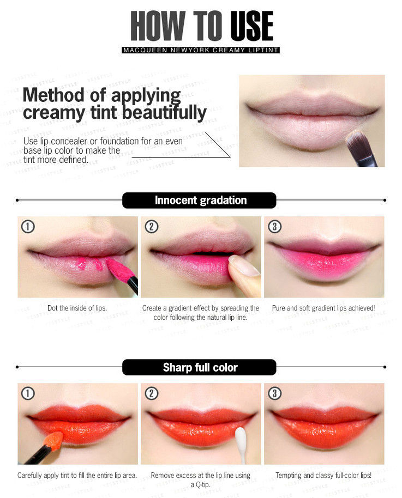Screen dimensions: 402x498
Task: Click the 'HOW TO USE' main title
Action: pos(202,26)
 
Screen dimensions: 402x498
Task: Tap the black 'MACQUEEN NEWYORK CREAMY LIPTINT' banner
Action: pos(201,50)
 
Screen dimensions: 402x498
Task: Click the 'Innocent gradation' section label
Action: pos(200,201)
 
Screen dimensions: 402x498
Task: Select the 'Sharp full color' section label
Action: pos(200,367)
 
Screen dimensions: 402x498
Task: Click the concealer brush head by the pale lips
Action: pos(356,141)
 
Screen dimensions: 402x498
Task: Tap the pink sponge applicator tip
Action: pos(117,269)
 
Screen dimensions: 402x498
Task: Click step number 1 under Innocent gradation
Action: pos(28,227)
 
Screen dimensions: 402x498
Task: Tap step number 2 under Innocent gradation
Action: pos(152,227)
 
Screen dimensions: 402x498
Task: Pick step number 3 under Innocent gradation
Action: pos(275,227)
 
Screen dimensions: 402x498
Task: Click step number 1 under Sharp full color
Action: pos(28,393)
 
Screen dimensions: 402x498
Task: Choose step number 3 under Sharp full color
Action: pos(275,393)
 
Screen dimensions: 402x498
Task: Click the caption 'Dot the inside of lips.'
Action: pos(77,308)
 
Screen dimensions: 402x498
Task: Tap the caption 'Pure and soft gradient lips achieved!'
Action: pos(323,308)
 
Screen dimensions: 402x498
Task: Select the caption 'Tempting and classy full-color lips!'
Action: pos(323,476)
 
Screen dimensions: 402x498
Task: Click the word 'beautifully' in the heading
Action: pos(164,113)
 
